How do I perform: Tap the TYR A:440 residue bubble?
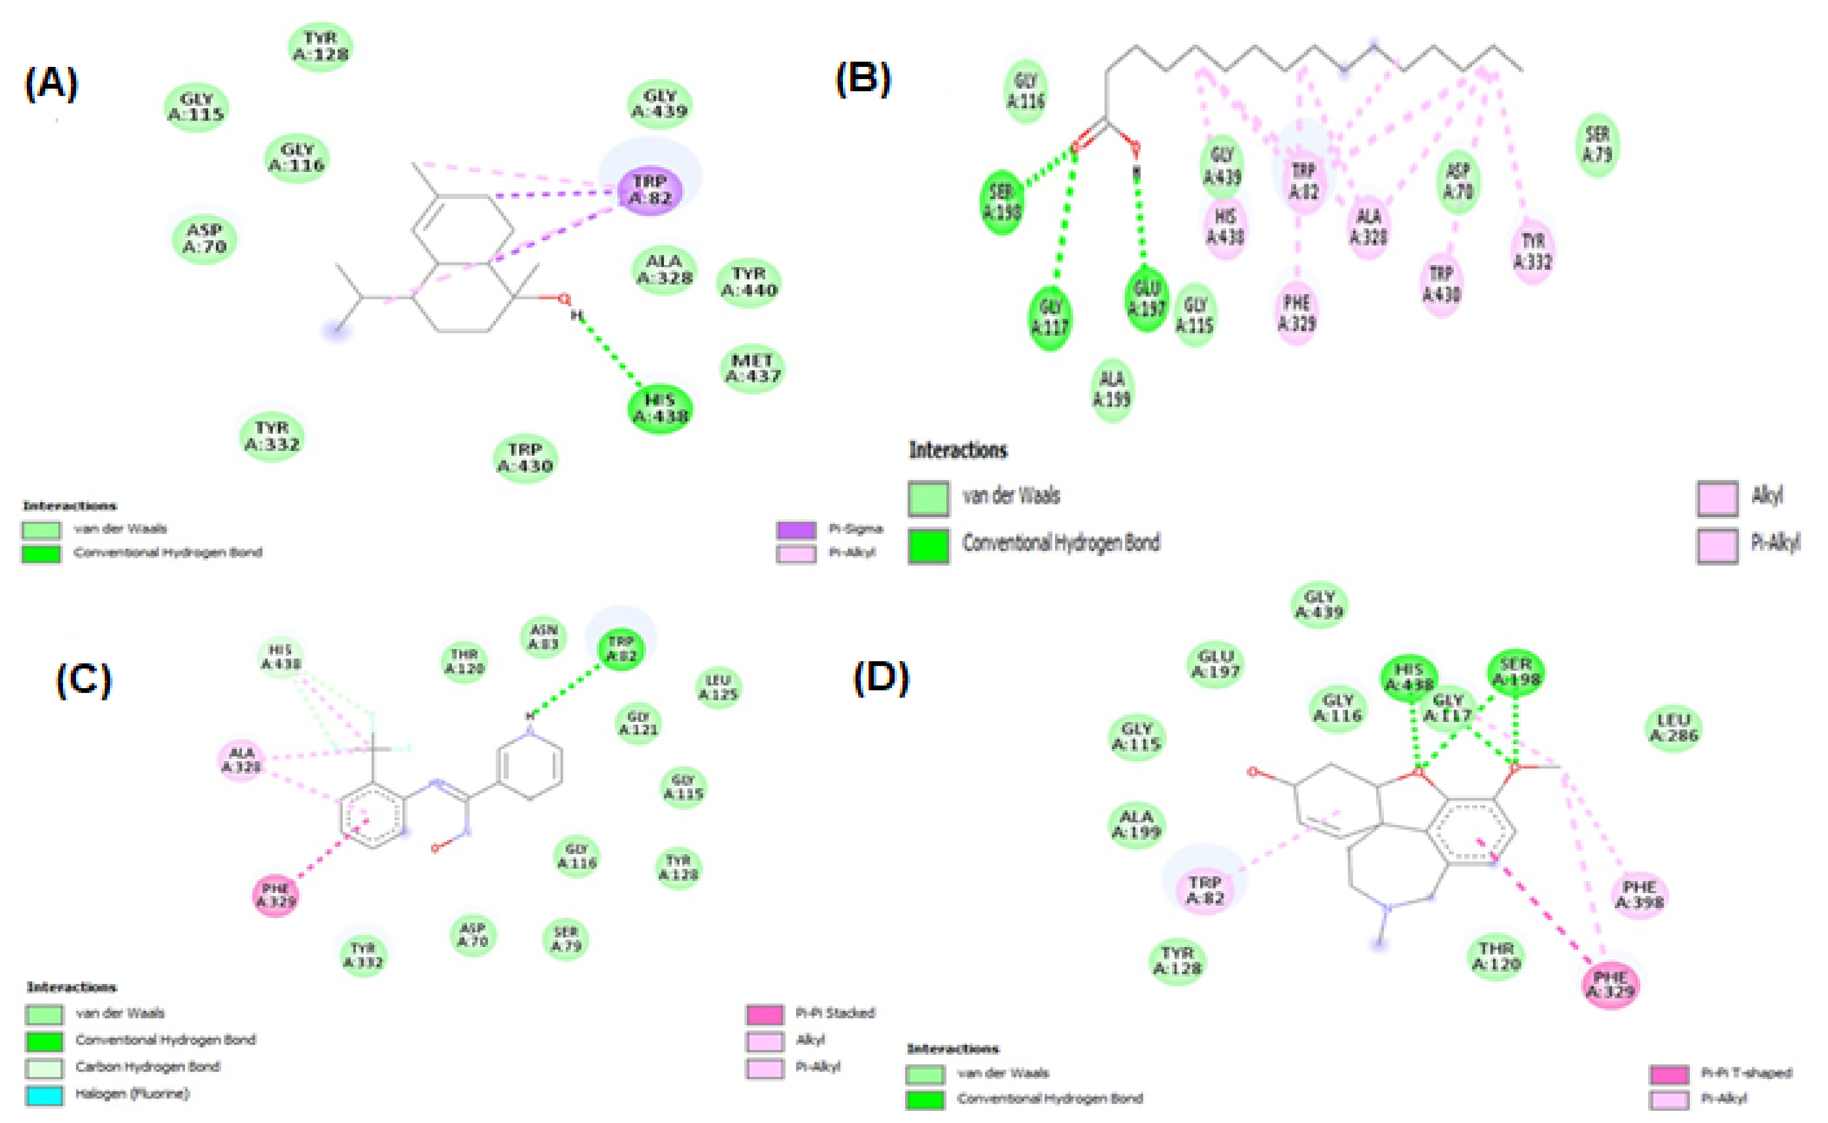749,282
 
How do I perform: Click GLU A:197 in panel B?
1146,298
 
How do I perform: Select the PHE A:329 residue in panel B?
1297,313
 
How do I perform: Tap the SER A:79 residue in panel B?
1597,144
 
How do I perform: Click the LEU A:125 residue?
718,688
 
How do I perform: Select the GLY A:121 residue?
639,722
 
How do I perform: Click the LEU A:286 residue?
1673,728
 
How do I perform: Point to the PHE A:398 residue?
1639,895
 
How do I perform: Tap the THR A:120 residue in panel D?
1495,957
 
